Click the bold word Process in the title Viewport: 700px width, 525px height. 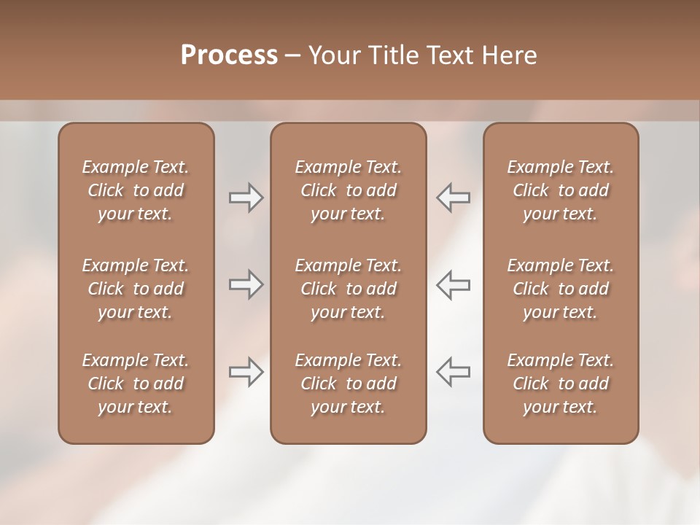click(x=229, y=55)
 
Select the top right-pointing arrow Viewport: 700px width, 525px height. click(x=246, y=198)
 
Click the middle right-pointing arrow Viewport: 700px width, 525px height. click(x=246, y=284)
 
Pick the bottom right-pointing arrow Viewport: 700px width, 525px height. click(x=246, y=372)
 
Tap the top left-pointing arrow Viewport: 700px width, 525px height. click(x=454, y=198)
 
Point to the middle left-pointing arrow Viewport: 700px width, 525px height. click(x=454, y=284)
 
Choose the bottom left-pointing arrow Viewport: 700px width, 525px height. click(x=454, y=372)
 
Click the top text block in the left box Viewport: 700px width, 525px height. click(x=136, y=190)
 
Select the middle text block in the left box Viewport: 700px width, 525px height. click(x=136, y=289)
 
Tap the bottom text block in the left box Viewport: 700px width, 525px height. click(x=136, y=384)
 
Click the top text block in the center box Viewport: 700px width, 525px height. click(x=349, y=190)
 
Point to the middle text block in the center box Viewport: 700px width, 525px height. click(x=349, y=289)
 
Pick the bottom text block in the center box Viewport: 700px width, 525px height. click(x=349, y=384)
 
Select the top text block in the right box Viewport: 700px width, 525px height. click(x=561, y=190)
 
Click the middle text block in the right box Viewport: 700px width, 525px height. click(x=561, y=289)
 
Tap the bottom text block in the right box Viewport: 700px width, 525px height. click(x=561, y=384)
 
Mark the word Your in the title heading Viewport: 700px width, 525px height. click(x=332, y=55)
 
